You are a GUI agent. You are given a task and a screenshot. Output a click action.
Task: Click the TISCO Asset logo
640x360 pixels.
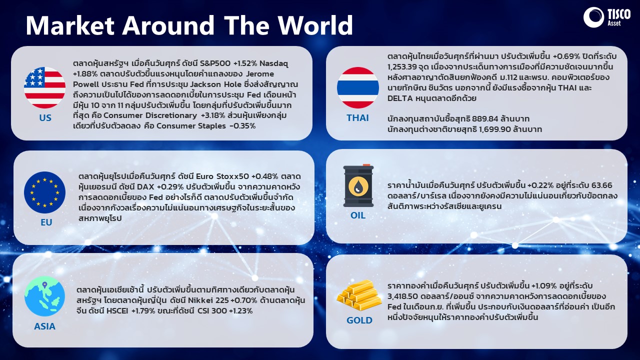tap(606, 17)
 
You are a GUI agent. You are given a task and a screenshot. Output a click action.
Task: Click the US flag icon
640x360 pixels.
tap(44, 87)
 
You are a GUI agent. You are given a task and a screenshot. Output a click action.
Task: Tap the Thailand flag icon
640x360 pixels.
tap(358, 87)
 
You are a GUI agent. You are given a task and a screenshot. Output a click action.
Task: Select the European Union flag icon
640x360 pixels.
tap(44, 192)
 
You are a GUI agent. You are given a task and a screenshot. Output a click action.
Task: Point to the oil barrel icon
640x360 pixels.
tap(358, 185)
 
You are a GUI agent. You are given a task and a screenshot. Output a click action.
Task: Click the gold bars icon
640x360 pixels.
tap(359, 295)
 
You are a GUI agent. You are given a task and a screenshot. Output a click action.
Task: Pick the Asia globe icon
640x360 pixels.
tap(44, 296)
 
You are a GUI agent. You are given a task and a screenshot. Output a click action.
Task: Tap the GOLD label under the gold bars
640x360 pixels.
tap(359, 320)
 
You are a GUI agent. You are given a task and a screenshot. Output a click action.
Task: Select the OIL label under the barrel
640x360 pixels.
tap(358, 215)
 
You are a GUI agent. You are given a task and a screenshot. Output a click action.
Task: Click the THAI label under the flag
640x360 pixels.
tap(357, 117)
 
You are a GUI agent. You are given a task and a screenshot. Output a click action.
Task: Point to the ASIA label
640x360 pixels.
tap(44, 326)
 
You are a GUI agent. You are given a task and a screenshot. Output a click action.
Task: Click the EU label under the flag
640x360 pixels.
tap(46, 222)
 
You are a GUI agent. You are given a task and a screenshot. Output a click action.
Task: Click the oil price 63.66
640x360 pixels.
tap(601, 185)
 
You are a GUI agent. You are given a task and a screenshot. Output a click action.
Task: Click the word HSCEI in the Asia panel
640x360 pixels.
tap(117, 311)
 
